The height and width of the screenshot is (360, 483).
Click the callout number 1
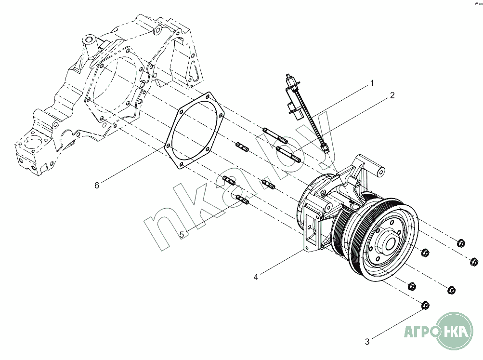372,83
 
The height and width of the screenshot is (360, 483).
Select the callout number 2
392,95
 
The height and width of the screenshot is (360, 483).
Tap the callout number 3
367,342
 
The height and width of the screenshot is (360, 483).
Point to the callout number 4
256,278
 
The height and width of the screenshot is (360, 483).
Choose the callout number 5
182,235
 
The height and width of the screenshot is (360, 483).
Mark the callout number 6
97,185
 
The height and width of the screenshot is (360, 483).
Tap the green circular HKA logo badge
455,331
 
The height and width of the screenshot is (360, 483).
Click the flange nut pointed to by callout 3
425,306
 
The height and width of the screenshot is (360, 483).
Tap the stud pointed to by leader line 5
242,200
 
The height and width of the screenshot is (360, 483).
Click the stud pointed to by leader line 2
288,154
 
